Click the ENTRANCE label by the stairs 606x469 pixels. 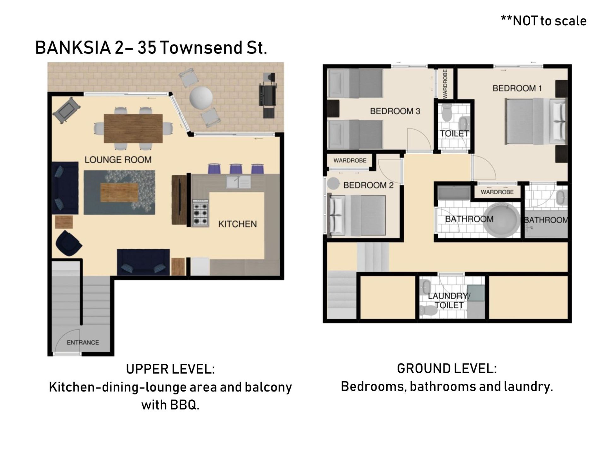[x=83, y=342]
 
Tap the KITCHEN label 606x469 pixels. [x=237, y=224]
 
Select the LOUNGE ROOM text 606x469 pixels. [x=118, y=160]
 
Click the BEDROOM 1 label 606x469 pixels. [x=517, y=88]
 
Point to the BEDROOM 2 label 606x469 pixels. [x=368, y=185]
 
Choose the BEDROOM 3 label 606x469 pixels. [x=395, y=111]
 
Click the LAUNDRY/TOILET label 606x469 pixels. [x=449, y=301]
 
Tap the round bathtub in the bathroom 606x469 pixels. [x=502, y=220]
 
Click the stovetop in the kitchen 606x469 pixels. [x=200, y=213]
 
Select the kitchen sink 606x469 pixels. [x=238, y=182]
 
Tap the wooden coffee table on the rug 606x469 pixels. [x=119, y=192]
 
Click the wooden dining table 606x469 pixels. [x=133, y=128]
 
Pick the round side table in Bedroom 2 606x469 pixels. [x=333, y=184]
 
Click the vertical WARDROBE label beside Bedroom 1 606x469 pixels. [x=445, y=84]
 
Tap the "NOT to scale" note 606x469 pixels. [x=544, y=21]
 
